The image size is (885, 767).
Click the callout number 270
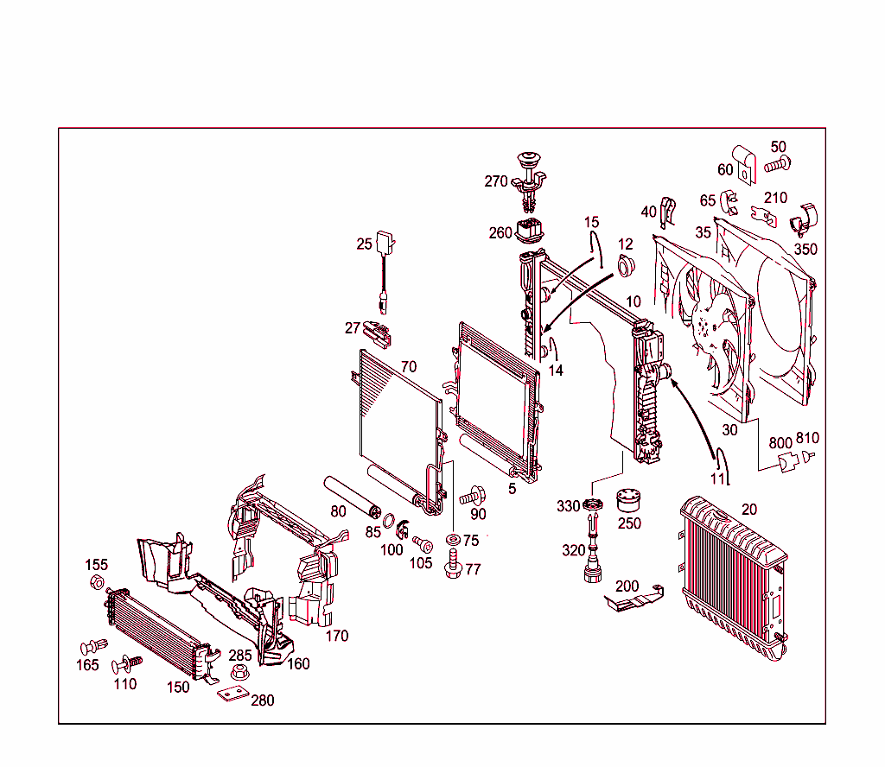pyautogui.click(x=496, y=181)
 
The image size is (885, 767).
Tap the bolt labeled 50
pyautogui.click(x=780, y=162)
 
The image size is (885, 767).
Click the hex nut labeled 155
pyautogui.click(x=98, y=582)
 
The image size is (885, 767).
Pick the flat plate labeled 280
pyautogui.click(x=231, y=694)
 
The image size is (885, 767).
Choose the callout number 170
pyautogui.click(x=336, y=636)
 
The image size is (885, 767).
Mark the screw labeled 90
pyautogui.click(x=471, y=497)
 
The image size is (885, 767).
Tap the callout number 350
pyautogui.click(x=805, y=249)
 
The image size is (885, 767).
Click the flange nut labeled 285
pyautogui.click(x=239, y=671)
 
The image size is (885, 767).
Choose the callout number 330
pyautogui.click(x=568, y=506)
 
